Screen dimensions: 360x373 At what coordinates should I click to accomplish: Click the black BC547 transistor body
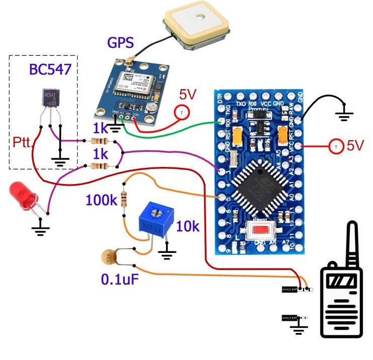(50, 99)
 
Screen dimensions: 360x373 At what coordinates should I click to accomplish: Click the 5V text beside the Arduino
(354, 146)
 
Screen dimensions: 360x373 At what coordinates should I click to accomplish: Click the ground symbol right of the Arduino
(344, 116)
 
